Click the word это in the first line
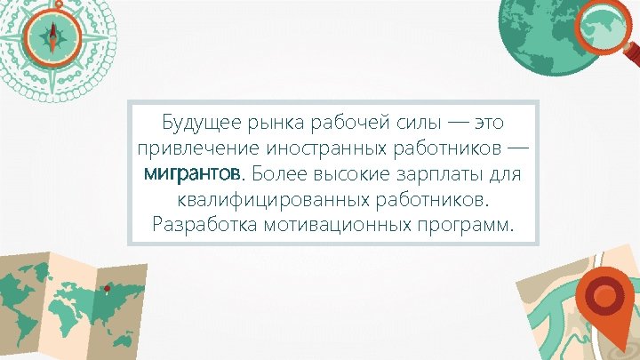(496, 120)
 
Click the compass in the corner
(52, 36)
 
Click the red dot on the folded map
(107, 288)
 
